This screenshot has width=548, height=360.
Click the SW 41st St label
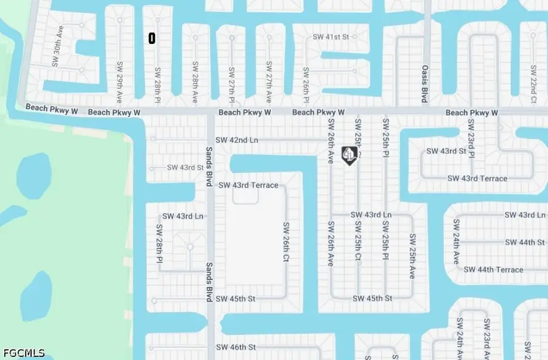point(329,37)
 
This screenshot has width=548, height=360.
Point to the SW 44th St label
point(524,242)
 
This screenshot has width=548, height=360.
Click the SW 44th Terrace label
point(493,269)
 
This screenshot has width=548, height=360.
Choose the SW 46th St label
point(236,347)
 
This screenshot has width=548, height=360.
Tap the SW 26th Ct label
point(285,242)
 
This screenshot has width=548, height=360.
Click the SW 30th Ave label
point(57,54)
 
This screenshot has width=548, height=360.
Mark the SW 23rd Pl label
point(471,138)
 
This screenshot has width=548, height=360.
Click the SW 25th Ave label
point(412,256)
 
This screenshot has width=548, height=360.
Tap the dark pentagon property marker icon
point(349,156)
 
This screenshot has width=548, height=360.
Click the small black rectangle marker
point(152,38)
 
